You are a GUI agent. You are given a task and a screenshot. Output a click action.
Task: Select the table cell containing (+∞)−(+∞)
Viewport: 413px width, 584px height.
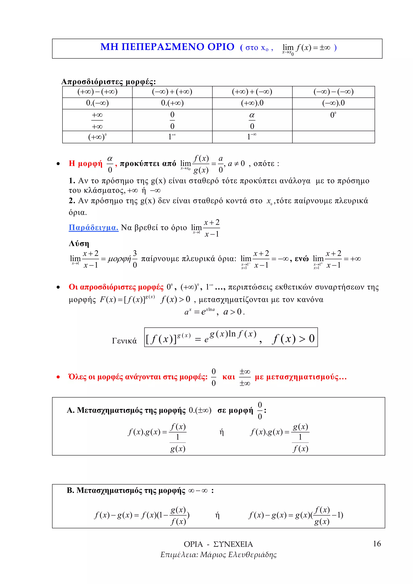[x=97, y=92]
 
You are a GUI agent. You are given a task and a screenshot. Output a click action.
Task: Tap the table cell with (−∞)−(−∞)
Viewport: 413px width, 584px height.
[x=333, y=92]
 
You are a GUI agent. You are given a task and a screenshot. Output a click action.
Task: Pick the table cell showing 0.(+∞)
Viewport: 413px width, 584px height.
[x=172, y=103]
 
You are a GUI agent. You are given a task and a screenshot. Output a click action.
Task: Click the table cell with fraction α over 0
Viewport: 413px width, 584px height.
[x=252, y=120]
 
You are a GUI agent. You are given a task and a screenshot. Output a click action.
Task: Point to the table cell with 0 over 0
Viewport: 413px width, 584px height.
[x=172, y=120]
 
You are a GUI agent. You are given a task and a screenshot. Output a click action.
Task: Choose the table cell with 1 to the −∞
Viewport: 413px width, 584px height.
[x=252, y=137]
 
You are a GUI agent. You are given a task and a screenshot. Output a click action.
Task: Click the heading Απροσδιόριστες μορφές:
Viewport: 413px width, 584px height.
[x=109, y=82]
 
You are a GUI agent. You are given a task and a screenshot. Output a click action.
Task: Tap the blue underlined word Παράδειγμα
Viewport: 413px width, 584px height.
[x=94, y=227]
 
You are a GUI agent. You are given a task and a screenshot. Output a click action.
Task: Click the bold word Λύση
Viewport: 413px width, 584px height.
[x=79, y=244]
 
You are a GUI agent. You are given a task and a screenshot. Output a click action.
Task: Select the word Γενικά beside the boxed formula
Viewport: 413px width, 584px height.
[x=124, y=341]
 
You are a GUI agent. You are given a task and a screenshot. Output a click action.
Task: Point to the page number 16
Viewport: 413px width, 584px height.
[x=377, y=544]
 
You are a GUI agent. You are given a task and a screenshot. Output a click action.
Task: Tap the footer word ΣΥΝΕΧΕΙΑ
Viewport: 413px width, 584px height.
[x=233, y=544]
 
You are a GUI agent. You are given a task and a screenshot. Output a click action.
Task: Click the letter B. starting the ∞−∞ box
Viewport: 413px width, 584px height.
[x=70, y=490]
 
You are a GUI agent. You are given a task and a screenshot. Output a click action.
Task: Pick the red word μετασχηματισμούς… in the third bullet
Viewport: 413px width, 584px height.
[x=307, y=377]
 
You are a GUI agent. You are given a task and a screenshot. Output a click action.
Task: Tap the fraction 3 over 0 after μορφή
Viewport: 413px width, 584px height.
[x=135, y=259]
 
